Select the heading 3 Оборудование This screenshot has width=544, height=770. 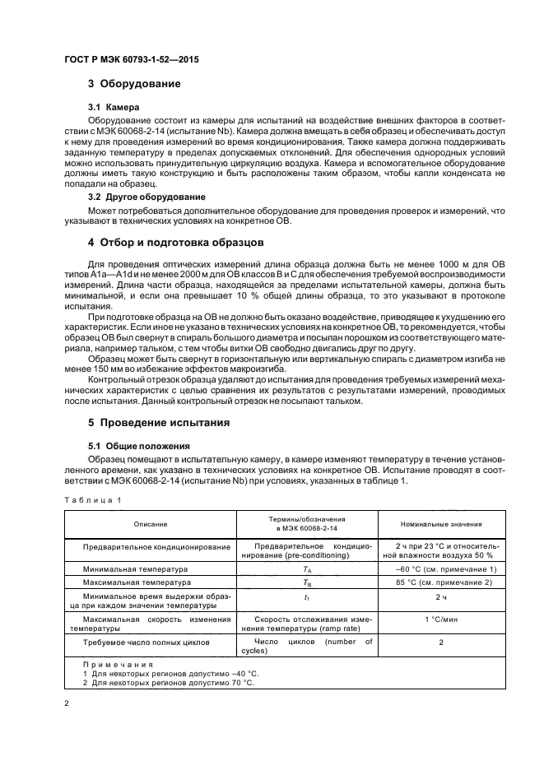(134, 85)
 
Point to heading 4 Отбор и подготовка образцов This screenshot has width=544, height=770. (175, 243)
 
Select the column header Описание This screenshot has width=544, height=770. (151, 524)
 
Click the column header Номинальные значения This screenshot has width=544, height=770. (441, 524)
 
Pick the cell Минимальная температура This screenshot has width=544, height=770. (135, 568)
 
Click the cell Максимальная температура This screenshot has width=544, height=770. (137, 582)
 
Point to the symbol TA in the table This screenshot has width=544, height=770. (306, 568)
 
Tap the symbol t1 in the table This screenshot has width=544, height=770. (306, 597)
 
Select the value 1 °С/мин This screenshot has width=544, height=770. (441, 619)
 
